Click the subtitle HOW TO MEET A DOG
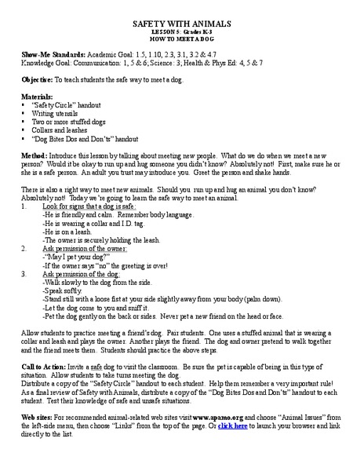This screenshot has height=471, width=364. coord(181,36)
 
